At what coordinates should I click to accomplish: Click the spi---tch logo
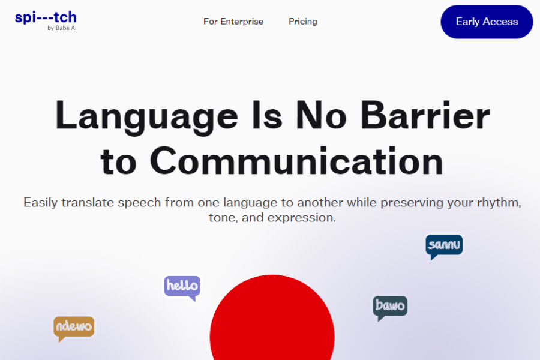pyautogui.click(x=46, y=17)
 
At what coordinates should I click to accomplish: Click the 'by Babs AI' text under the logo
pyautogui.click(x=62, y=28)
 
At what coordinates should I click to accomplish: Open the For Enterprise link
pyautogui.click(x=233, y=22)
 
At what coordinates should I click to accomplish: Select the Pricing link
pyautogui.click(x=303, y=22)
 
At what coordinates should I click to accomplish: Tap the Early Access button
pyautogui.click(x=487, y=22)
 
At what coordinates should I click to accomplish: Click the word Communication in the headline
pyautogui.click(x=296, y=161)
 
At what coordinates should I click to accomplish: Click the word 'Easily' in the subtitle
pyautogui.click(x=41, y=203)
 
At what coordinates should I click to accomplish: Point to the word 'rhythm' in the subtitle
pyautogui.click(x=498, y=203)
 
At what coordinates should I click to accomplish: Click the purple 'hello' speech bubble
pyautogui.click(x=182, y=286)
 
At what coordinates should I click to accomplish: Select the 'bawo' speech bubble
pyautogui.click(x=390, y=307)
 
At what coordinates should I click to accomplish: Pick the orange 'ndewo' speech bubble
pyautogui.click(x=74, y=327)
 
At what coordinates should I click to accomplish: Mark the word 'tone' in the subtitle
pyautogui.click(x=221, y=217)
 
